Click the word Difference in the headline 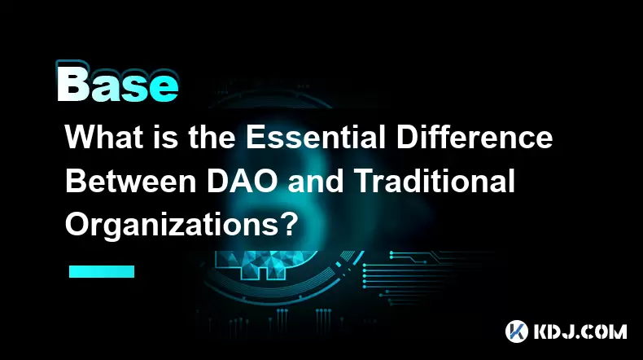click(x=475, y=137)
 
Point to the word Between click(x=131, y=182)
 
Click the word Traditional click(x=435, y=182)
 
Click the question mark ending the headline click(x=290, y=225)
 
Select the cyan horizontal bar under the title click(x=102, y=271)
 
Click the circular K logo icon click(x=516, y=331)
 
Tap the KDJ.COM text click(x=580, y=331)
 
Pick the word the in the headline click(x=212, y=137)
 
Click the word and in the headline click(x=316, y=182)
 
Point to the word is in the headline click(x=167, y=137)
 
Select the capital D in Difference click(x=406, y=137)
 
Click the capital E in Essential click(x=255, y=137)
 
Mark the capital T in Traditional click(x=364, y=182)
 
